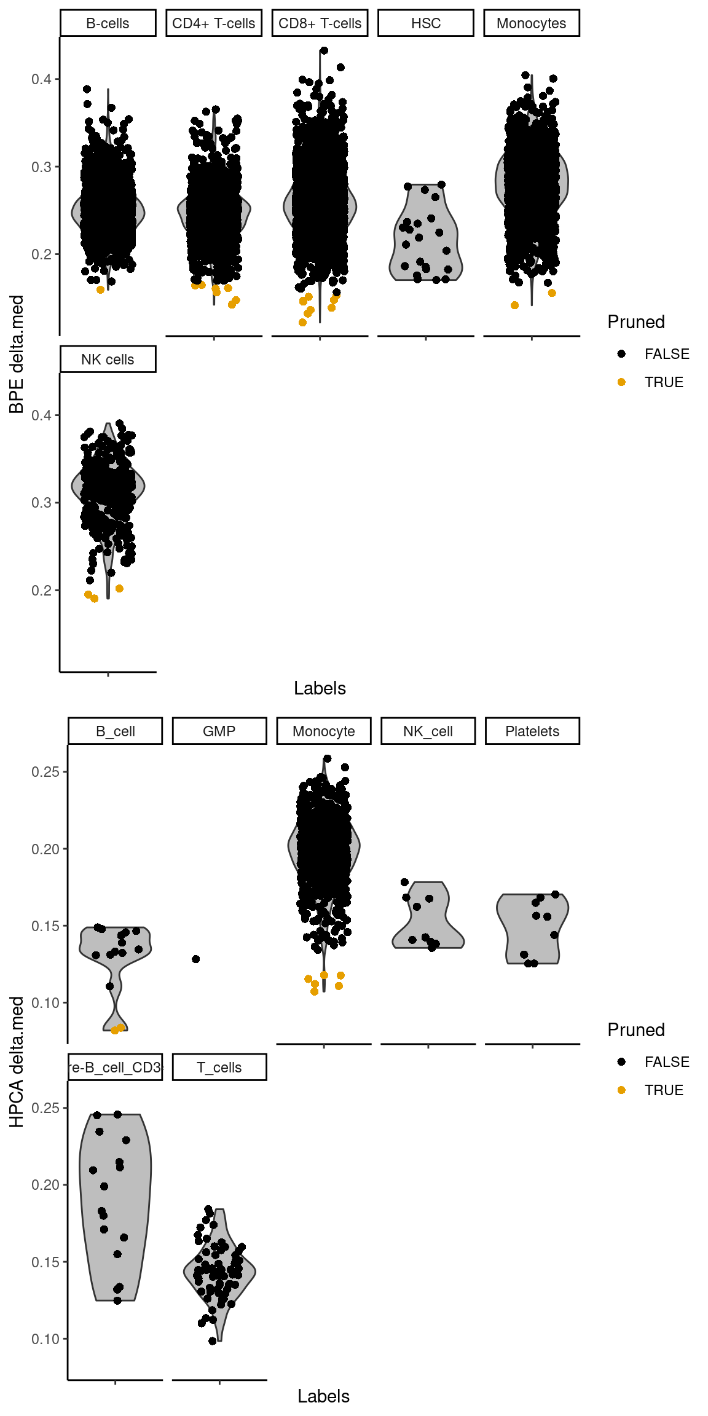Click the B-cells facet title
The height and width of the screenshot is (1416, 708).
click(x=108, y=23)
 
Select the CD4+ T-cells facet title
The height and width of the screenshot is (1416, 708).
click(x=214, y=23)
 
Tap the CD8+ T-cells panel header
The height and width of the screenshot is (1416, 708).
click(x=320, y=23)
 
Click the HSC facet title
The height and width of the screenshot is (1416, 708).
click(x=426, y=23)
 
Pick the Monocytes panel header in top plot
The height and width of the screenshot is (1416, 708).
click(x=532, y=23)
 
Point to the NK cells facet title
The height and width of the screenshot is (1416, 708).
click(x=108, y=360)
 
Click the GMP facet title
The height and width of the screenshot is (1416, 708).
click(x=219, y=731)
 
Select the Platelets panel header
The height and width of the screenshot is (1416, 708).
click(x=532, y=731)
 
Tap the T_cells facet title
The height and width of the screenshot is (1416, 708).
click(x=219, y=1068)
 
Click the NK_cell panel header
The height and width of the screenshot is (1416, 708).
click(x=428, y=731)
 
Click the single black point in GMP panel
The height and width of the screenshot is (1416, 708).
click(x=196, y=959)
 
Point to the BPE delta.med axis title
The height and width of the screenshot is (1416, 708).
click(x=17, y=354)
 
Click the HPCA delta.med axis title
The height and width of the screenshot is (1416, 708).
click(x=17, y=1062)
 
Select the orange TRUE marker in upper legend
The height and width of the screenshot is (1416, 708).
click(x=621, y=382)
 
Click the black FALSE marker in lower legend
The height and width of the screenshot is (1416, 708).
click(x=621, y=1062)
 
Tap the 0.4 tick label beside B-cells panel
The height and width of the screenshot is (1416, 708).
click(x=42, y=79)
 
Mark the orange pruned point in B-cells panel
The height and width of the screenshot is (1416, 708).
click(x=101, y=289)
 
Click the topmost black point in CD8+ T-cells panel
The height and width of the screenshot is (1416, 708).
click(x=324, y=51)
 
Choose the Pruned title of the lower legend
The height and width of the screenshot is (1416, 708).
click(x=636, y=1030)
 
